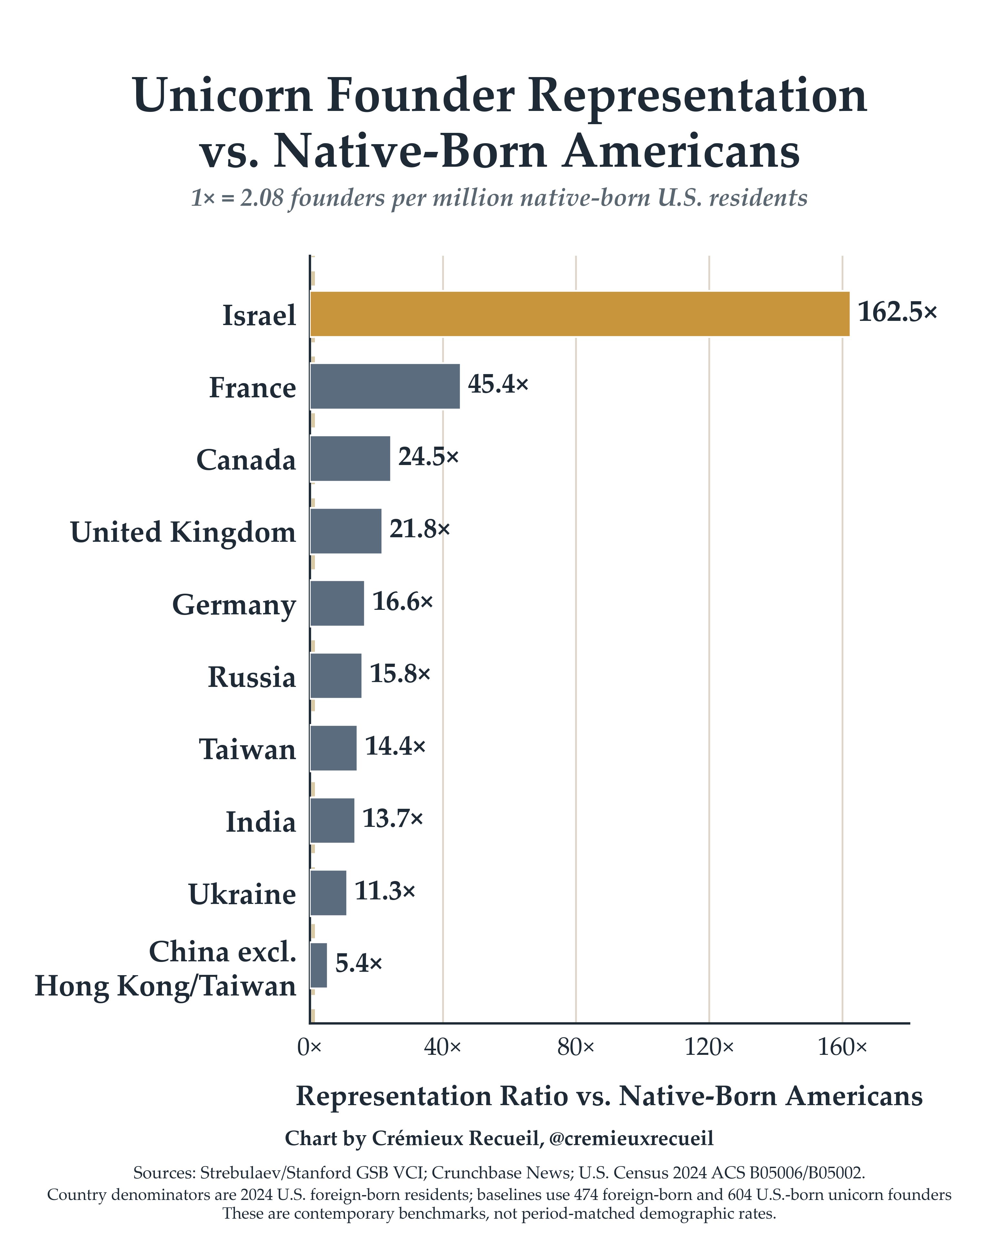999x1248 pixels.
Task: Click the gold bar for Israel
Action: click(x=580, y=314)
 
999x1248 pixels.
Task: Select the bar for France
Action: click(x=385, y=386)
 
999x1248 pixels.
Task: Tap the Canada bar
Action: click(x=350, y=459)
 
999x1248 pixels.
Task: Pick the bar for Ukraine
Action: click(x=328, y=893)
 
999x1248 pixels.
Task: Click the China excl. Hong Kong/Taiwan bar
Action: click(x=318, y=965)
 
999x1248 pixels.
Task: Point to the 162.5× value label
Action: click(x=897, y=312)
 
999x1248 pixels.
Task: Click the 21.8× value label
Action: click(x=419, y=529)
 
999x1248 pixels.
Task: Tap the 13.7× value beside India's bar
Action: click(x=393, y=818)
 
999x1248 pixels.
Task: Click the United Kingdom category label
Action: click(x=183, y=532)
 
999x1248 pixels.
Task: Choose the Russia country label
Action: click(x=252, y=677)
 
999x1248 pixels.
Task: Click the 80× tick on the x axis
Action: click(x=576, y=1046)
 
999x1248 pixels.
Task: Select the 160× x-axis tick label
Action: click(x=842, y=1046)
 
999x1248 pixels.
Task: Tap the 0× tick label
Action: click(x=309, y=1046)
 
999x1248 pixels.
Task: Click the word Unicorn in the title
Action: click(x=223, y=95)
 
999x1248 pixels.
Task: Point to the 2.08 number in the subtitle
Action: click(x=262, y=199)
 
